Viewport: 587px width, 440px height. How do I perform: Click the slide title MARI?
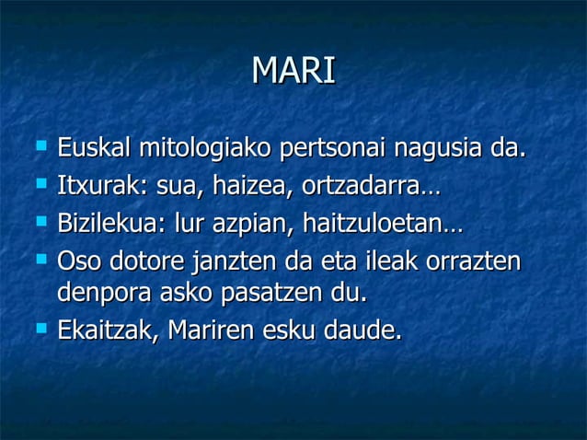tap(293, 71)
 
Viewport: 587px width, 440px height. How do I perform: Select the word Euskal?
tap(93, 148)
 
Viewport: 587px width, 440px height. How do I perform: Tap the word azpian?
tap(244, 226)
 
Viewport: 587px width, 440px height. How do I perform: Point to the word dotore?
tap(148, 262)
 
